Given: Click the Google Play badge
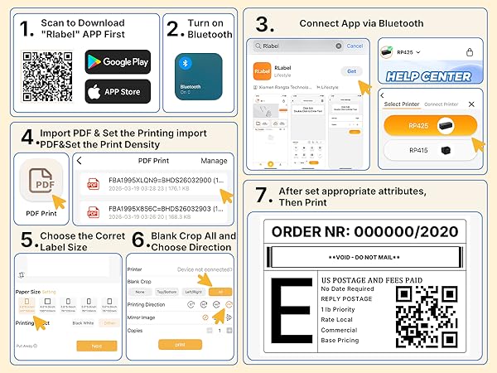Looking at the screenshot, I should pyautogui.click(x=118, y=61).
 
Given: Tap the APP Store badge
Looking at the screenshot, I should pyautogui.click(x=118, y=91).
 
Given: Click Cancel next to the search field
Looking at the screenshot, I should pyautogui.click(x=355, y=46).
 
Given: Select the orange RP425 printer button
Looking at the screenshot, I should pyautogui.click(x=430, y=124).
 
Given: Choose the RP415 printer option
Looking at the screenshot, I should pyautogui.click(x=430, y=152).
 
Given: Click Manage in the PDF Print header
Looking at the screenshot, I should pyautogui.click(x=214, y=161).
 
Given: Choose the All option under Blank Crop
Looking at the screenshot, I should pyautogui.click(x=220, y=292).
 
